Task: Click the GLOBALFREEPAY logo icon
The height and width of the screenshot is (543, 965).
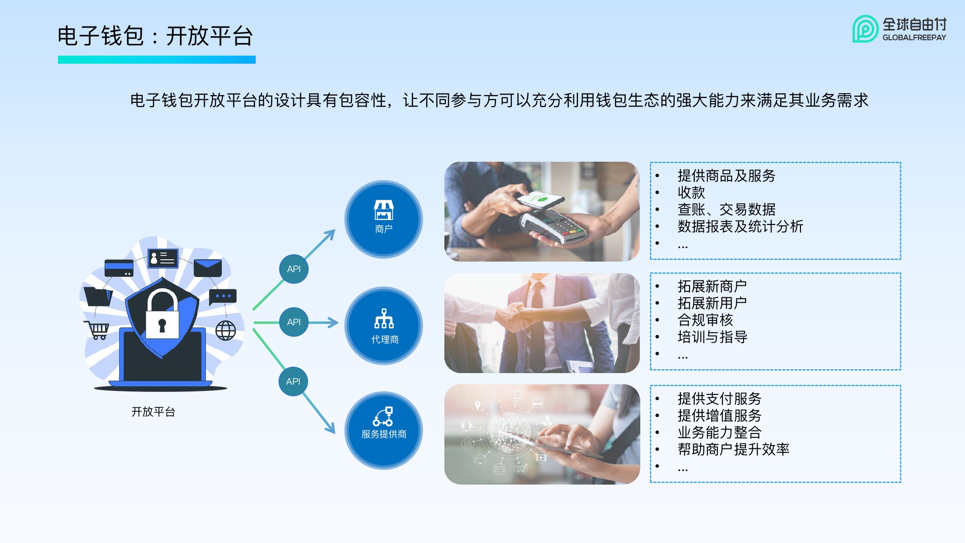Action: click(865, 29)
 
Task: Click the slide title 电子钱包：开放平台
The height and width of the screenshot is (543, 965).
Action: click(155, 36)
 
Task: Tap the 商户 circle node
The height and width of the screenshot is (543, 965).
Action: click(384, 219)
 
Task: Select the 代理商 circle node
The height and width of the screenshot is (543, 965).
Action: click(384, 326)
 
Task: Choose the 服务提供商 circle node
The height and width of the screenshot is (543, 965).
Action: click(384, 430)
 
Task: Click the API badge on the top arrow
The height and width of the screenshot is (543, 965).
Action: click(293, 269)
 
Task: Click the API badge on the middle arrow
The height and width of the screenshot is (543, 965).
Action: click(293, 322)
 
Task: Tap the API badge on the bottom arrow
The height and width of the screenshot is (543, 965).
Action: click(293, 381)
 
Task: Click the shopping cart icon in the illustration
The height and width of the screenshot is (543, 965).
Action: click(97, 330)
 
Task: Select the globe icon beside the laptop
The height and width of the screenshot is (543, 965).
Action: click(225, 331)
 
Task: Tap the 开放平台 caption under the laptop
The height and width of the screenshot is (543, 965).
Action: click(153, 412)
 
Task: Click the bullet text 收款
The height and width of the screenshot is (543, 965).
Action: click(691, 193)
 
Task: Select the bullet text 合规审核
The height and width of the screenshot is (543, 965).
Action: click(705, 320)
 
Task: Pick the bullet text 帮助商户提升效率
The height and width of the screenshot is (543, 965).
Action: click(733, 449)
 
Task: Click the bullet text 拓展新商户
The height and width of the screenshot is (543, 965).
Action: click(712, 286)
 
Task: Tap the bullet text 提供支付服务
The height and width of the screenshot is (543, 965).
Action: click(719, 399)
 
